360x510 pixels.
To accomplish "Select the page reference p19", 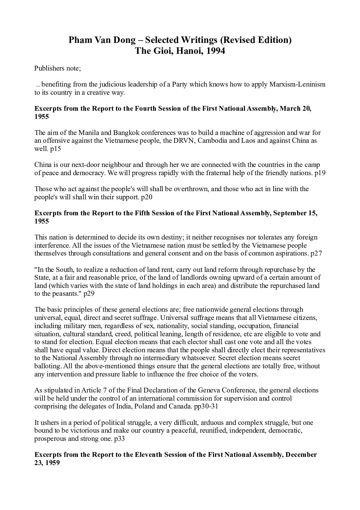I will click(x=320, y=173).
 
